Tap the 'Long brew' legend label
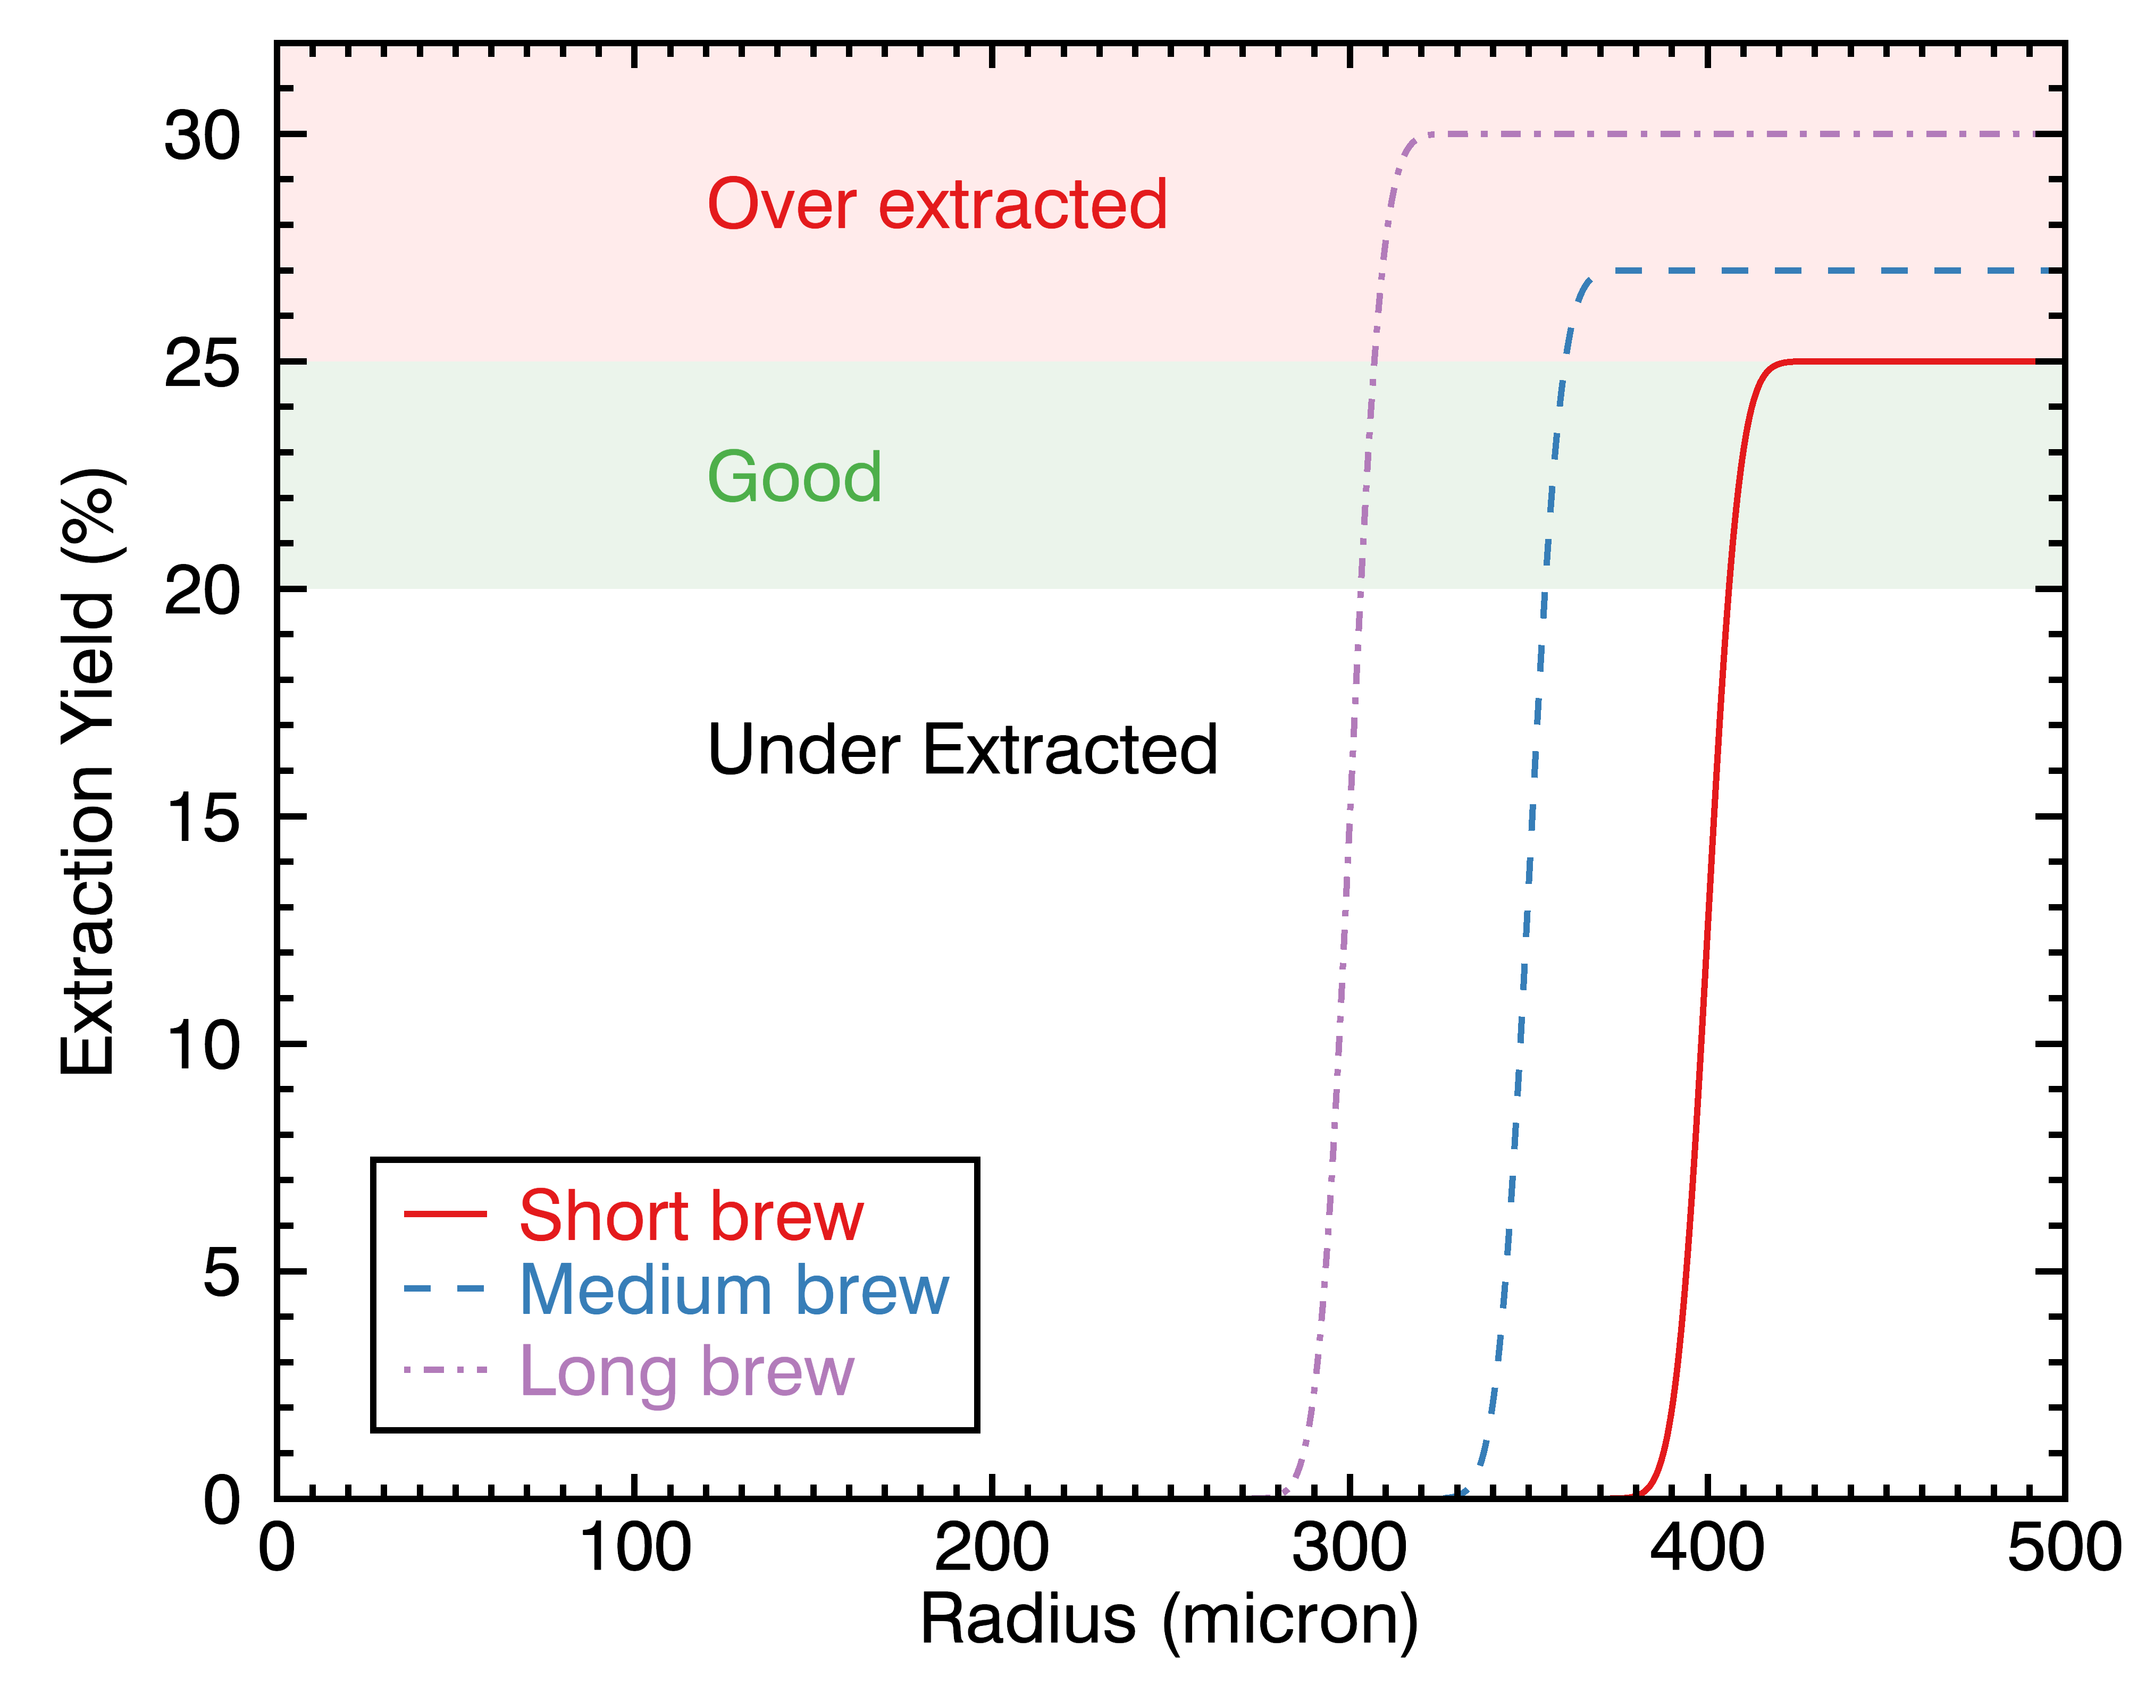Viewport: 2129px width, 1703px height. [x=686, y=1371]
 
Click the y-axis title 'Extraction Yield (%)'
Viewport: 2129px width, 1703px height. [x=89, y=771]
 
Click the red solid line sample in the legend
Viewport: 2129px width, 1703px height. [x=446, y=1213]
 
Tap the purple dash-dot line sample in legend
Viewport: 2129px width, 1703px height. [x=446, y=1369]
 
